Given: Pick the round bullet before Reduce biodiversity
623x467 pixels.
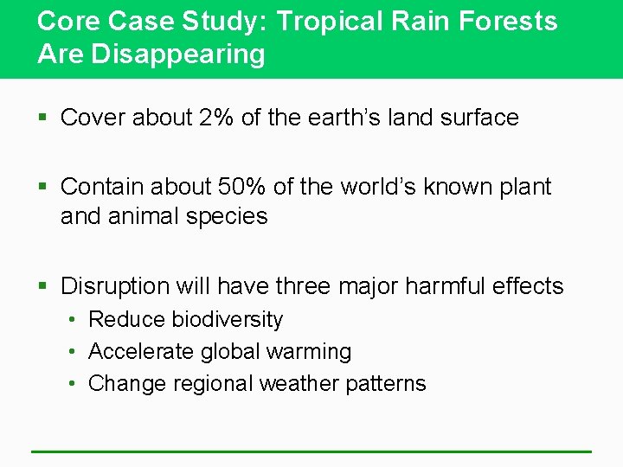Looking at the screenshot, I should tap(74, 321).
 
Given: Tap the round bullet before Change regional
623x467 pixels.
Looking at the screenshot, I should tap(74, 384).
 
